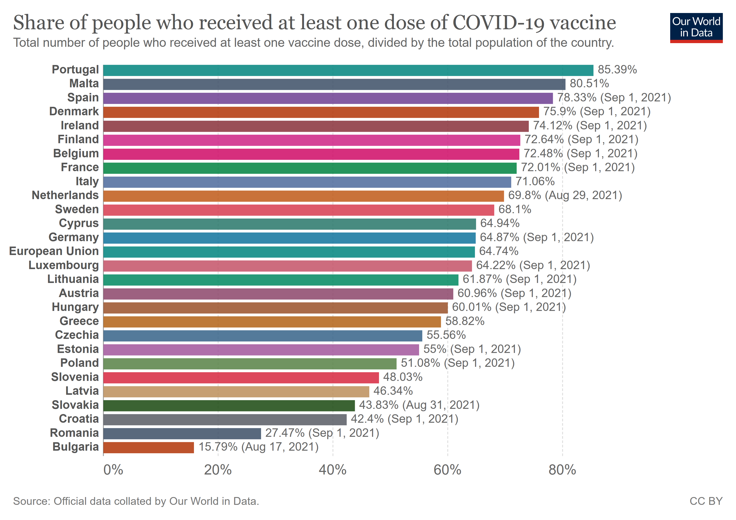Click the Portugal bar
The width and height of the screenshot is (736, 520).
[x=348, y=70]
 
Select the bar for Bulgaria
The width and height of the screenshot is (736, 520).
[x=148, y=447]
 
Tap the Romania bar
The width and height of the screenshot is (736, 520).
[x=182, y=433]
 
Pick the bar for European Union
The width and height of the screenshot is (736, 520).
[x=289, y=252]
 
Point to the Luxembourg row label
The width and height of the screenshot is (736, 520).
[x=63, y=265]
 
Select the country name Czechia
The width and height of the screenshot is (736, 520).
[x=77, y=335]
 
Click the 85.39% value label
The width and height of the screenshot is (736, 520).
[x=617, y=70]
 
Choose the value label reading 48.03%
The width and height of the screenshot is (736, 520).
[x=403, y=377]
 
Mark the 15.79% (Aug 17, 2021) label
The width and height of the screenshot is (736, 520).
[x=258, y=447]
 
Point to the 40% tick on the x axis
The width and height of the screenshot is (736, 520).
[x=332, y=470]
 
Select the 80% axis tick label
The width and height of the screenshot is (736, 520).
[x=562, y=470]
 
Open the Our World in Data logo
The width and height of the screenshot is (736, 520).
[x=696, y=28]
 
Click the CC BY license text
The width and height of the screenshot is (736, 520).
[x=706, y=501]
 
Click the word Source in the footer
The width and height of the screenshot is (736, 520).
[x=31, y=501]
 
